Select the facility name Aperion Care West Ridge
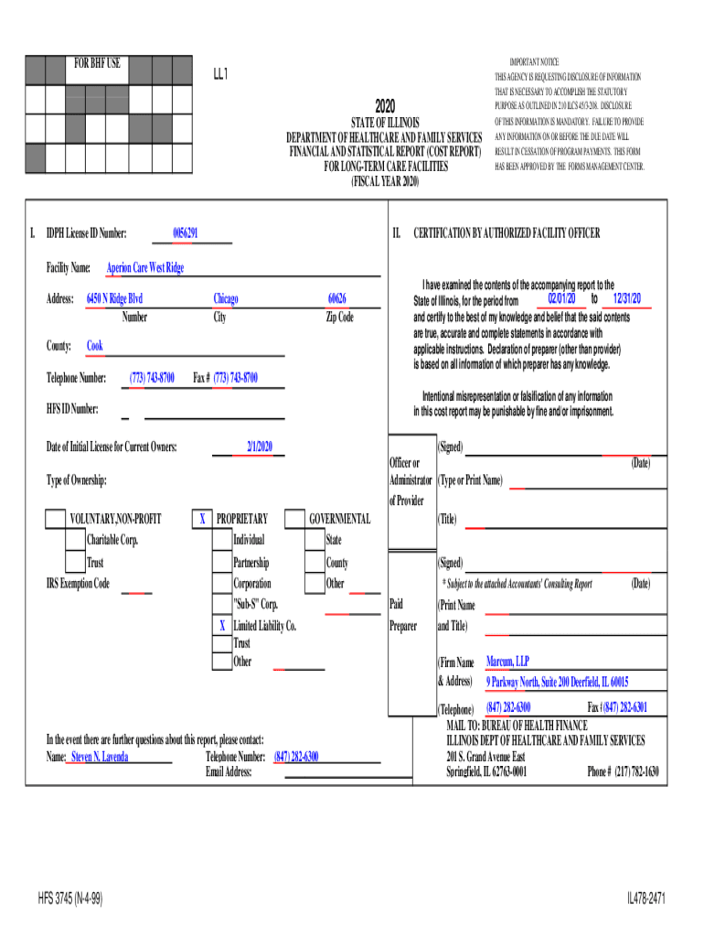144,268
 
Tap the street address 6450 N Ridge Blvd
114,299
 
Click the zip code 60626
337,299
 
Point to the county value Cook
95,346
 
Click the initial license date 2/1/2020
260,447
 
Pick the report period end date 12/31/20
627,299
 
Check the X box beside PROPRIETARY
201,520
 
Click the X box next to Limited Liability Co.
221,626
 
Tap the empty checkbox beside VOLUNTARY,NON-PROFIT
56,520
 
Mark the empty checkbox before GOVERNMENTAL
294,520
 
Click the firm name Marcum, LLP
507,662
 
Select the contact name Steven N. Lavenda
100,758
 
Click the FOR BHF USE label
97,64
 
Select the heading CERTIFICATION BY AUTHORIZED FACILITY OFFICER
507,234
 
